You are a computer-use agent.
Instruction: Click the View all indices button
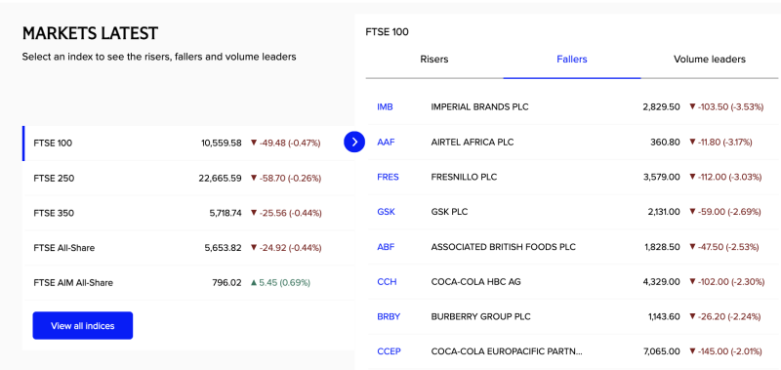(x=82, y=325)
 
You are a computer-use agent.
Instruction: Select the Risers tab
(x=434, y=60)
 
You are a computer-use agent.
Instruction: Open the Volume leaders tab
(x=709, y=60)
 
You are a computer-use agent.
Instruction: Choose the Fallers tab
(x=572, y=60)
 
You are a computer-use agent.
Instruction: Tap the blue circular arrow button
(x=354, y=143)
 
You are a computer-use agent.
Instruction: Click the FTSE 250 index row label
(x=54, y=178)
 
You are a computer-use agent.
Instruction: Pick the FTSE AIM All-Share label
(x=73, y=283)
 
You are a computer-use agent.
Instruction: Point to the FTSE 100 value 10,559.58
(x=221, y=143)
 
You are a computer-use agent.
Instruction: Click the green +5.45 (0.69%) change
(x=280, y=283)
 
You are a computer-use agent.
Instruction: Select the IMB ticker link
(x=385, y=106)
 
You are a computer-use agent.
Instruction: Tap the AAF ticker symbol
(x=386, y=142)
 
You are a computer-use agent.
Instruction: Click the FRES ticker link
(x=388, y=177)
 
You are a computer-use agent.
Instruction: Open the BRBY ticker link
(x=389, y=316)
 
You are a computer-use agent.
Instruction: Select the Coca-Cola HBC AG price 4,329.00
(x=660, y=282)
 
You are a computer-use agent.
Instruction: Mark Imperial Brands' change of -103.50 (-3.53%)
(x=726, y=106)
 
